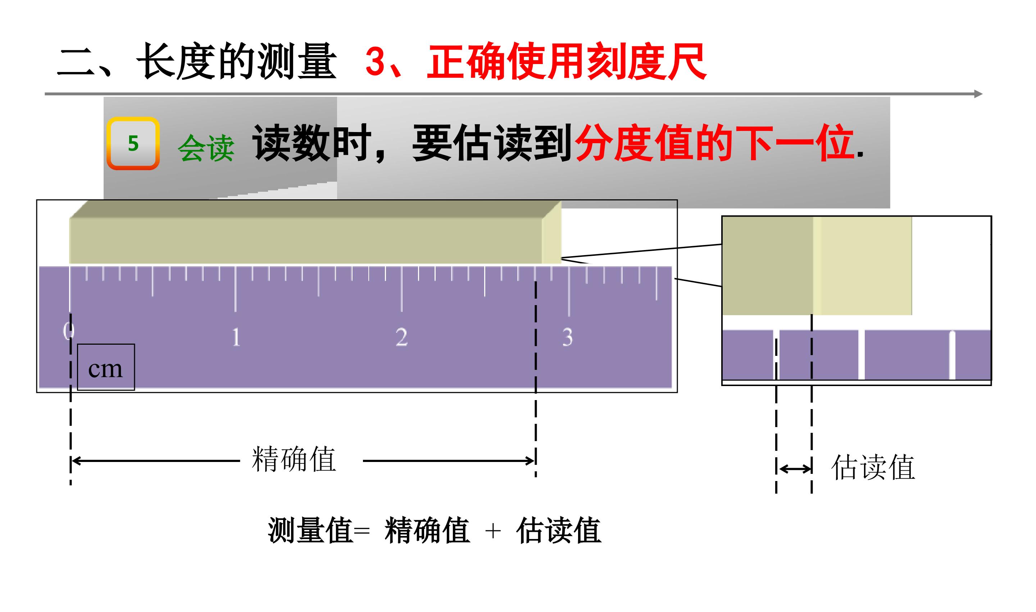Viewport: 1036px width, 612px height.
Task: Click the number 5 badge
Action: coord(133,144)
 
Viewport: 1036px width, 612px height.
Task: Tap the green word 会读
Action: coord(206,148)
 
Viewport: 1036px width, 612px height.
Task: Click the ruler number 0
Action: coord(68,331)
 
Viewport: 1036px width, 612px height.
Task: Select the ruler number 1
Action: coord(236,337)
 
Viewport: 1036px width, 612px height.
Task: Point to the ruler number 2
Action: coord(401,337)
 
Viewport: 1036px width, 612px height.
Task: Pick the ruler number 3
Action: coord(568,337)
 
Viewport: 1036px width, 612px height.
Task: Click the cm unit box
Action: coord(106,367)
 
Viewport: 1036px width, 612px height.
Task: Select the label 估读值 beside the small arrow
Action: coord(873,467)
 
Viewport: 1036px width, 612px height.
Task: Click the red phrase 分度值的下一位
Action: coord(714,143)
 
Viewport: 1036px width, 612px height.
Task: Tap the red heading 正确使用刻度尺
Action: coord(567,62)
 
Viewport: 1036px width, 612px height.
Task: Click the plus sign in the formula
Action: coord(493,531)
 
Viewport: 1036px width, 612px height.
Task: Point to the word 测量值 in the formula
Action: coord(310,530)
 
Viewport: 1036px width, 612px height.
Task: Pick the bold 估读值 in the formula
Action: coord(559,530)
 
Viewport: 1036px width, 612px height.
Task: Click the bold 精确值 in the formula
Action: coord(427,530)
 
